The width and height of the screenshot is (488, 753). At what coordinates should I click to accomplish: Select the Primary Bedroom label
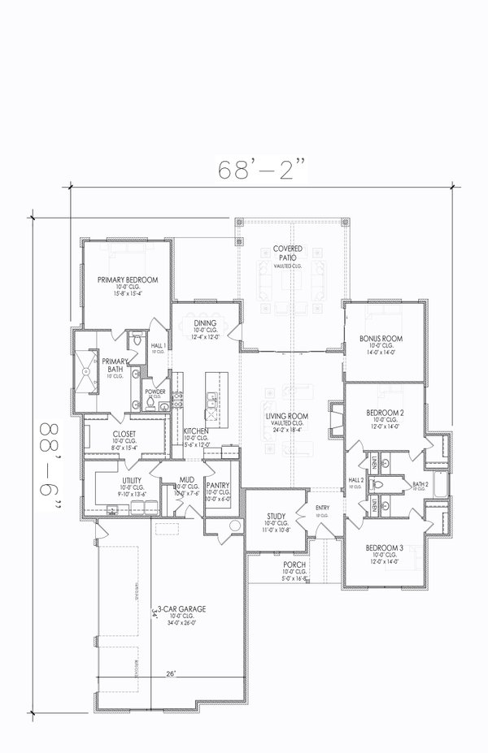(128, 279)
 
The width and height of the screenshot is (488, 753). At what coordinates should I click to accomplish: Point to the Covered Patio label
(288, 252)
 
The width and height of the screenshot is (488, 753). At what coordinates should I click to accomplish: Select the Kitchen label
(197, 431)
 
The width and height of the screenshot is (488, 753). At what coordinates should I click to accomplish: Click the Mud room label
(186, 481)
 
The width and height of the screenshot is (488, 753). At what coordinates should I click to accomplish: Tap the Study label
(275, 517)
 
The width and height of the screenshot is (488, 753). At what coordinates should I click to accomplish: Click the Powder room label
(155, 392)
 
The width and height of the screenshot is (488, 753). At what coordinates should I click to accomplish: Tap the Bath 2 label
(420, 484)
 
